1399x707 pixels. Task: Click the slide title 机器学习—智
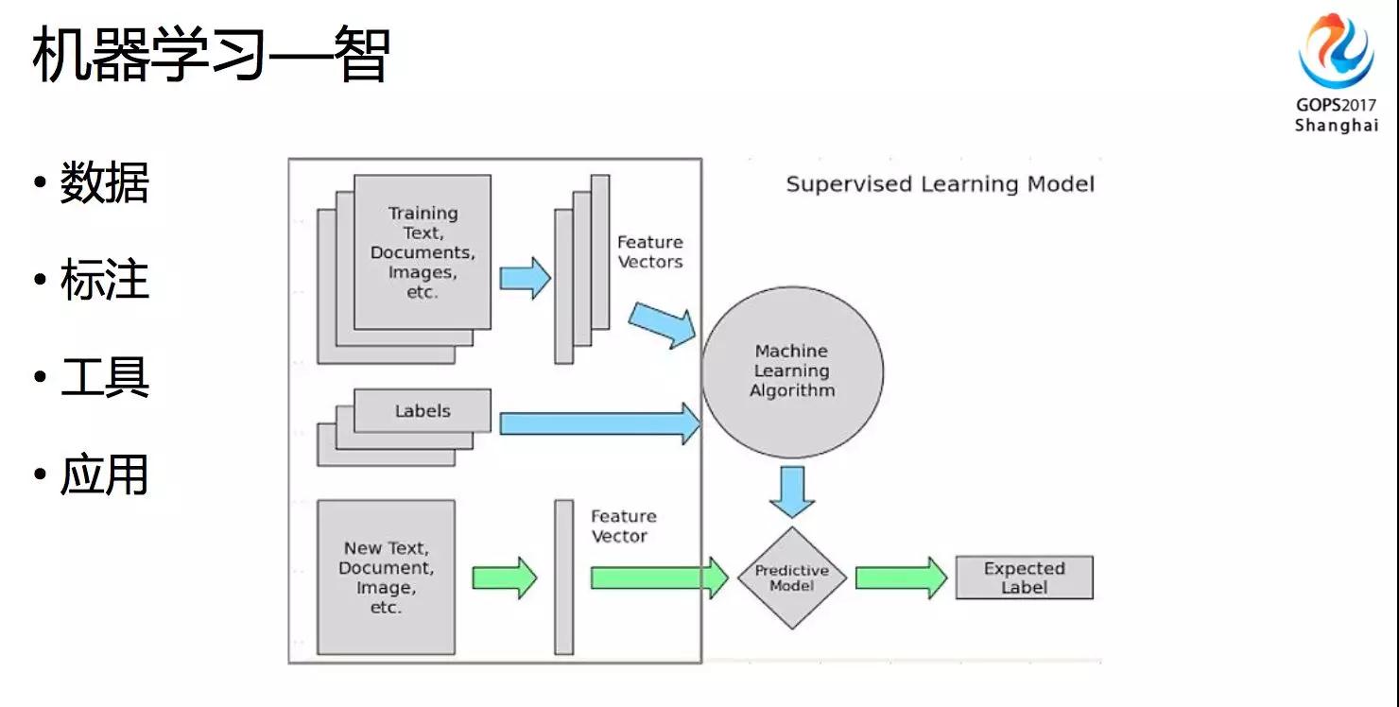[x=210, y=54]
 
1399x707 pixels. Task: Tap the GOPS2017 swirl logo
[x=1335, y=52]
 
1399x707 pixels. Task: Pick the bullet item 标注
[x=104, y=281]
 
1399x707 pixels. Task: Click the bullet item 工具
[x=104, y=378]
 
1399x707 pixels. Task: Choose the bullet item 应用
[x=104, y=474]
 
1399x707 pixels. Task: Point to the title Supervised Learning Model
[x=940, y=183]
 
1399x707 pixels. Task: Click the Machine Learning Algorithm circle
[x=792, y=371]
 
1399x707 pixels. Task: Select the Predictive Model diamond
[x=791, y=578]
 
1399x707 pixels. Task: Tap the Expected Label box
[x=1024, y=578]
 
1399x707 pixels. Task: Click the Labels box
[x=423, y=411]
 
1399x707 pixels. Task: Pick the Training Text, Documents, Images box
[x=423, y=251]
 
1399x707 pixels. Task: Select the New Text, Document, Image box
[x=386, y=577]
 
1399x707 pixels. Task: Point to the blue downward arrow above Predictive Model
[x=791, y=490]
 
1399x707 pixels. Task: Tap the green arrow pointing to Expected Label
[x=900, y=578]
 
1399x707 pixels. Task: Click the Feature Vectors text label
[x=649, y=252]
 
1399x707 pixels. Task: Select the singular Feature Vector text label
[x=623, y=526]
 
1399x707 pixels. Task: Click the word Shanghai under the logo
[x=1336, y=126]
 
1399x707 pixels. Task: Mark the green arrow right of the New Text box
[x=504, y=577]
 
